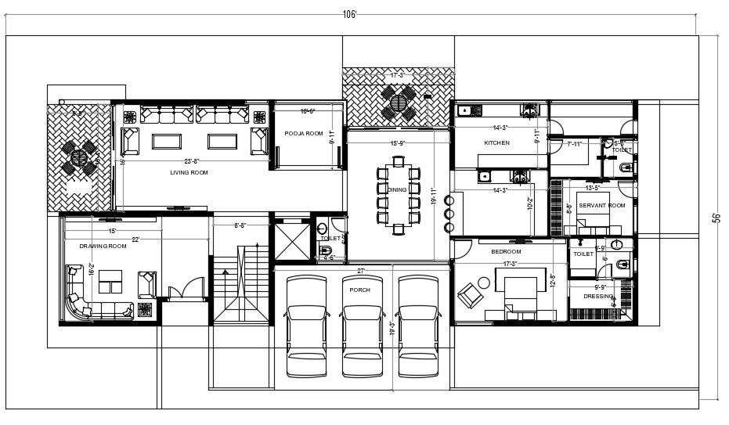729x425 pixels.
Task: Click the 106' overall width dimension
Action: click(349, 14)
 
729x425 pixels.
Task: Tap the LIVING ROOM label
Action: click(188, 171)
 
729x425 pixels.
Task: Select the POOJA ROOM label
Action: click(304, 134)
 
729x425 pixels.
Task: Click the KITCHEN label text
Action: click(496, 143)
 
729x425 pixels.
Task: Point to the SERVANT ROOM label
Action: click(602, 205)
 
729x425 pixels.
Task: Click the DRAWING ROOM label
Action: click(103, 247)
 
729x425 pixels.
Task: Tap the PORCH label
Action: click(360, 290)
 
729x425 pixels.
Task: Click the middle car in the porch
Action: click(361, 329)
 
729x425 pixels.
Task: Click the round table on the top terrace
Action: click(399, 100)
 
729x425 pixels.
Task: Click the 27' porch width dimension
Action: click(361, 271)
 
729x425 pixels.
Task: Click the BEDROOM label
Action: click(506, 252)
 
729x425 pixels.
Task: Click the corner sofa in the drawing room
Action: click(86, 301)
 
